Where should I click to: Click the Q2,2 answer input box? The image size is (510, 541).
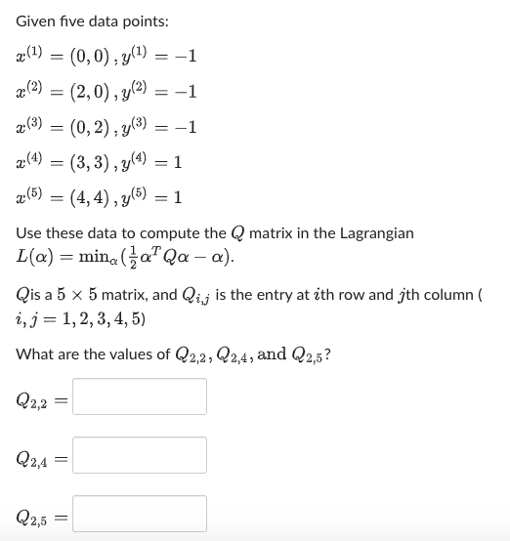click(140, 396)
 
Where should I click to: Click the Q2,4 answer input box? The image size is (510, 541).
click(140, 455)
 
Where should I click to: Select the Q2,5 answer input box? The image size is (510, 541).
click(140, 514)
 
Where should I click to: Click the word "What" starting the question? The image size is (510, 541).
click(36, 354)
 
